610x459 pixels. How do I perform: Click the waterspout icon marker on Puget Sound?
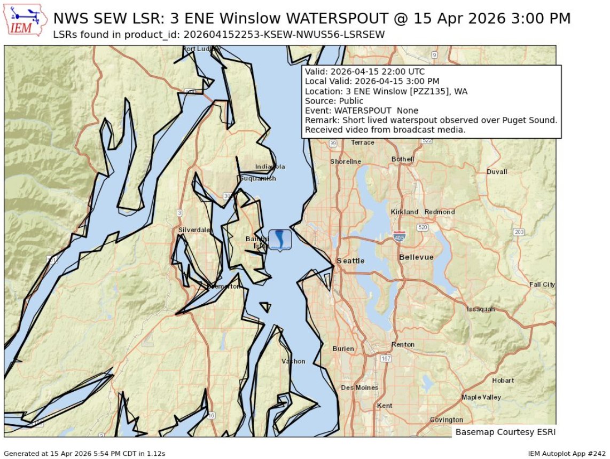[x=280, y=240]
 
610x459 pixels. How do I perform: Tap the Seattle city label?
[x=350, y=260]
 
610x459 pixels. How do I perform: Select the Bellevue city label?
[x=416, y=257]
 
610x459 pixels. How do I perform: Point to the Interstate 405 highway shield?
[x=398, y=236]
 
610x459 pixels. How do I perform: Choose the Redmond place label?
[x=439, y=212]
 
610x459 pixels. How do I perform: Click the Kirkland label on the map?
[x=404, y=212]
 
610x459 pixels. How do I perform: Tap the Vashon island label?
[x=293, y=361]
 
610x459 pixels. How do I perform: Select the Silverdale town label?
[x=194, y=230]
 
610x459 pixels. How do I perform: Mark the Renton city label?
[x=402, y=345]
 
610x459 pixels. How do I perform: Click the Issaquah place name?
[x=481, y=309]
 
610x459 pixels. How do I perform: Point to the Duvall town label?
[x=497, y=172]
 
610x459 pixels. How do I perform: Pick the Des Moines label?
[x=359, y=387]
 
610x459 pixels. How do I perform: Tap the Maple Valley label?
[x=481, y=397]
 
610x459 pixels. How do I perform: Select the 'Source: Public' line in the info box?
[x=334, y=101]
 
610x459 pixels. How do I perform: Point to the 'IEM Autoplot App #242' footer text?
[x=566, y=453]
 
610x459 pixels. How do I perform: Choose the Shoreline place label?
[x=345, y=161]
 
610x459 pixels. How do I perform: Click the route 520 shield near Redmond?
[x=423, y=227]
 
